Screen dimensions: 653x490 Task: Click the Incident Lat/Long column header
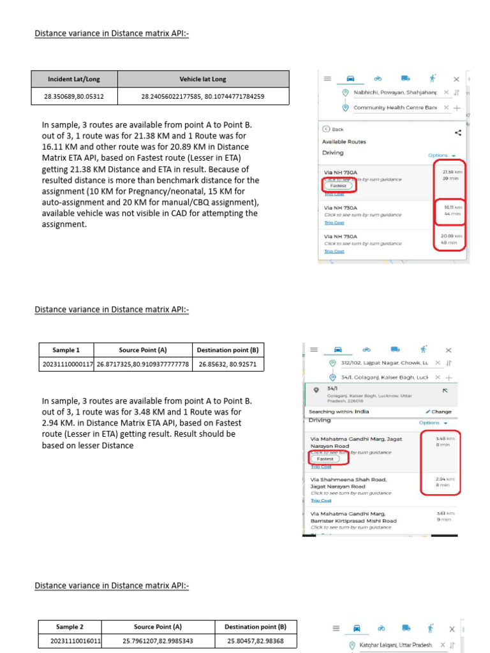point(74,79)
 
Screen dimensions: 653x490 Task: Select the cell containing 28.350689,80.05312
point(74,97)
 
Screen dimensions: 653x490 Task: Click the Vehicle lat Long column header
point(203,79)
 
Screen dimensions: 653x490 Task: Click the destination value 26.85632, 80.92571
point(228,365)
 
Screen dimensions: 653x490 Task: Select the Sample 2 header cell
point(70,627)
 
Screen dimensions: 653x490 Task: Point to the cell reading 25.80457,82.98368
point(255,641)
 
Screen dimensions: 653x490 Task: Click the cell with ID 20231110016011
point(70,641)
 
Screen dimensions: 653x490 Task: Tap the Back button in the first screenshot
point(334,129)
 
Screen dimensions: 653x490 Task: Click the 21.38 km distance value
point(451,172)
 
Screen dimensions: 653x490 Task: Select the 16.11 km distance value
point(451,207)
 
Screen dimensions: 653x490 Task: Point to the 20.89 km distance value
point(451,236)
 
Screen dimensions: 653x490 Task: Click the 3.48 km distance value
point(445,439)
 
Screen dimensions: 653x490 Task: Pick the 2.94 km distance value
point(445,479)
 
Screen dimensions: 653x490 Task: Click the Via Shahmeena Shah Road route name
point(348,480)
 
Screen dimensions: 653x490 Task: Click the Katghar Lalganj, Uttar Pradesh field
point(396,645)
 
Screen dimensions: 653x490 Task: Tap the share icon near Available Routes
point(458,133)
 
